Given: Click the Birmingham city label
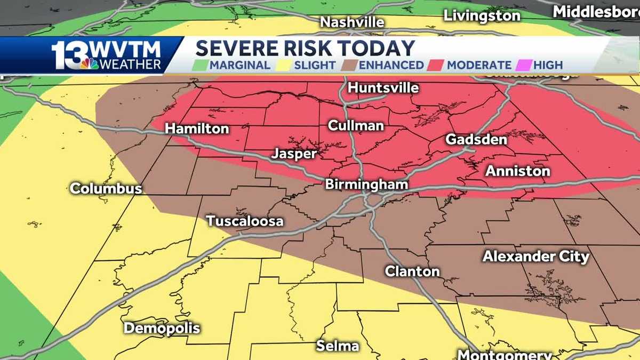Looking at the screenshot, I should pos(367,185).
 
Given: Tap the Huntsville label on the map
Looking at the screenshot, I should pos(383,88).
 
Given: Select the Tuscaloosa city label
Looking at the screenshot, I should pos(245,221).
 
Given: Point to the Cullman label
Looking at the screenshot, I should pos(356,126).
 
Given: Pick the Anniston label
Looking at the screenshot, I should pos(517,171).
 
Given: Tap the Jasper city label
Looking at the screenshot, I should pos(294,154).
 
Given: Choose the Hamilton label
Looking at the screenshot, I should pos(197,129).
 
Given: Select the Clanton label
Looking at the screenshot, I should pos(412,271).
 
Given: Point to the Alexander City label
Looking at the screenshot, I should pos(535,257).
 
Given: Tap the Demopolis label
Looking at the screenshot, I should pos(162,328).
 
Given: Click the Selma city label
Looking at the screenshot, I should pos(337,346).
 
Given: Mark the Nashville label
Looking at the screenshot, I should pos(352,22).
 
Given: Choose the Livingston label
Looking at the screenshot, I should pos(482,15).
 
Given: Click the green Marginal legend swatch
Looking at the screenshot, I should pos(202,66).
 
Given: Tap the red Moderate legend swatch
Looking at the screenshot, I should pos(438,66).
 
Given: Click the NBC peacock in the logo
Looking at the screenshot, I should pos(89,63).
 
